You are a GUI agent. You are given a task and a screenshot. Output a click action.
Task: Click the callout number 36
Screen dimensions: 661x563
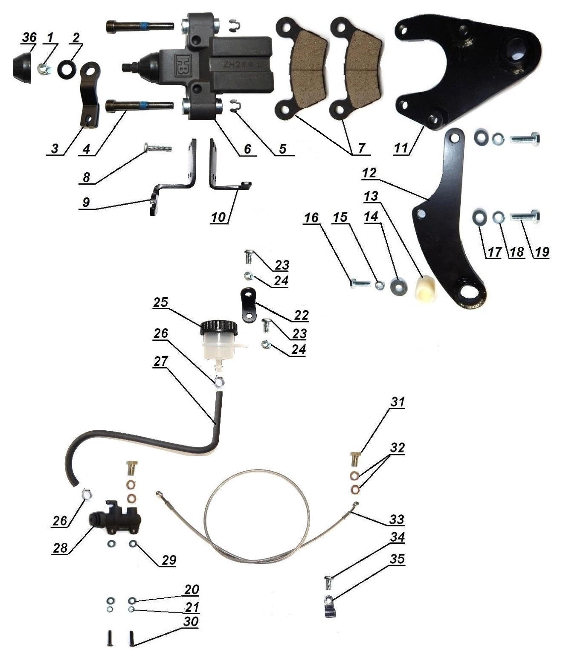(x=29, y=38)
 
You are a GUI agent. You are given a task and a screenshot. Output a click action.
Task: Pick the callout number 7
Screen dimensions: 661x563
(x=362, y=148)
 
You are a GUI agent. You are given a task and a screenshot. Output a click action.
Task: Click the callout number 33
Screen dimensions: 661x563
(x=397, y=519)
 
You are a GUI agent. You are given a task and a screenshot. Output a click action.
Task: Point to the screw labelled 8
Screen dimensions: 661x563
(x=157, y=148)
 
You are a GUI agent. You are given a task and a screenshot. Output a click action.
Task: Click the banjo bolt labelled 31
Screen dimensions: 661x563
(x=355, y=459)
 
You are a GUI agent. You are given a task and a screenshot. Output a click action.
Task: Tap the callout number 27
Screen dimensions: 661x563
(x=161, y=361)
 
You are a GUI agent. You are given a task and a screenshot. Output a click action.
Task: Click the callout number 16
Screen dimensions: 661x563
(x=311, y=217)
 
